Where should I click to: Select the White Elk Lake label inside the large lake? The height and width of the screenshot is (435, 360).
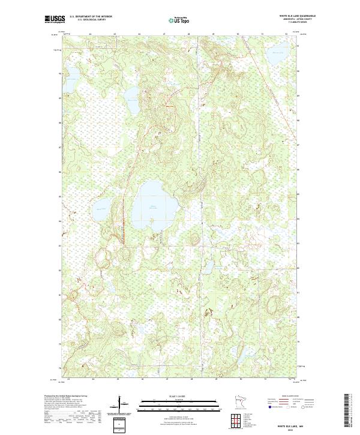155,207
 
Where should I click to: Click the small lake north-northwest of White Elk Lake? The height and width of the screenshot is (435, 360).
131,94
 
